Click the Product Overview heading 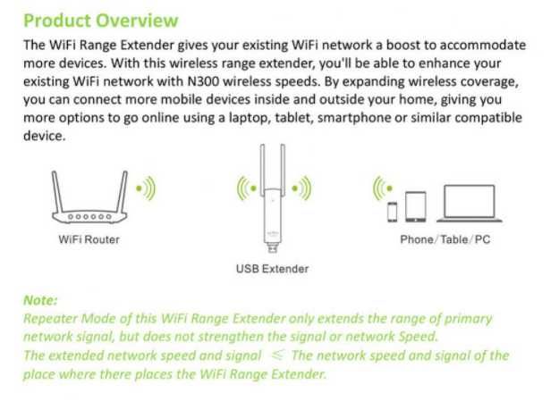pos(100,21)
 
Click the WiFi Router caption pos(89,239)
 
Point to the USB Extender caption pos(272,268)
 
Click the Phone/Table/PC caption pos(445,239)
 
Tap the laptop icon pos(469,204)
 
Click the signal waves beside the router pos(145,188)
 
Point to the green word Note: pos(40,301)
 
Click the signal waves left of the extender pos(243,188)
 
